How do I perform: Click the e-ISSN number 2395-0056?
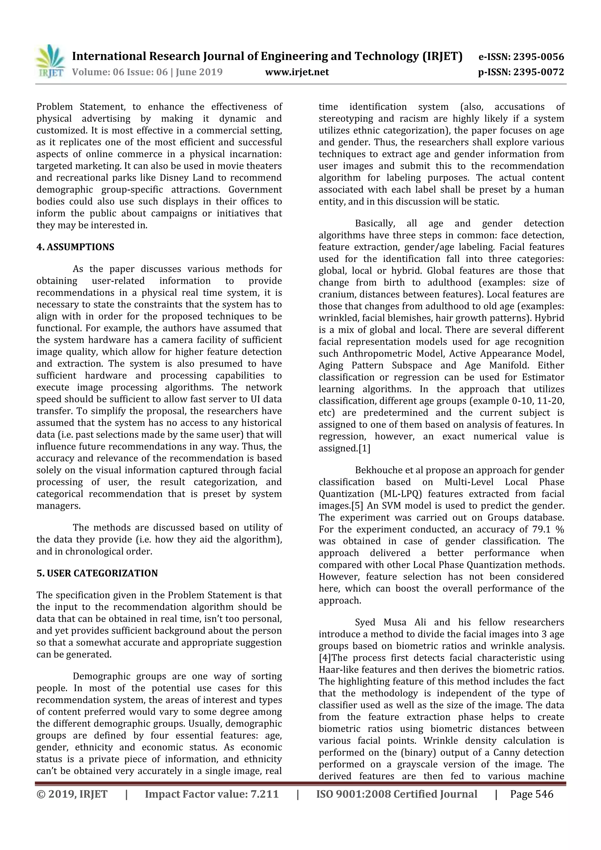(x=538, y=57)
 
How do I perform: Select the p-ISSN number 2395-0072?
(x=538, y=72)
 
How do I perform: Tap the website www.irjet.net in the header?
(x=297, y=72)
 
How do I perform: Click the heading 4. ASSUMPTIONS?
(x=75, y=247)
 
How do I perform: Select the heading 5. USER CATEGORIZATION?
(x=97, y=573)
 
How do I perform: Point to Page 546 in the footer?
(x=531, y=794)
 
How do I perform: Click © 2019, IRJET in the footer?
(x=72, y=794)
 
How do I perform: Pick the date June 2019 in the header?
(x=199, y=72)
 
